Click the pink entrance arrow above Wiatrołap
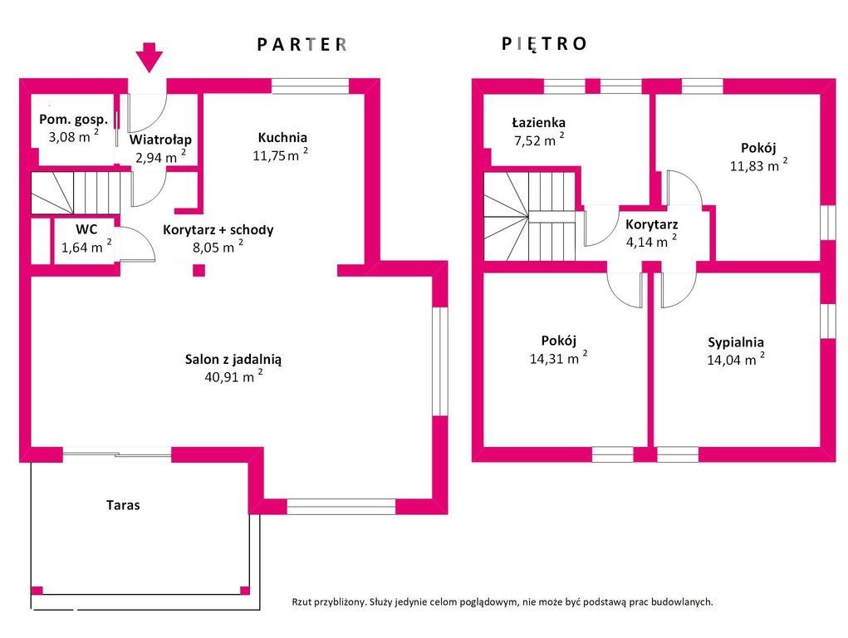149,57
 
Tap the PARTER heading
301,45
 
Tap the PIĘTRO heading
544,44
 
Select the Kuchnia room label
282,138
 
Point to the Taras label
123,504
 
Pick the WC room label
87,228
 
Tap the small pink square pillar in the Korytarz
199,269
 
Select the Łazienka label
538,123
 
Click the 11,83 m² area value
758,165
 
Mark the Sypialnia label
736,342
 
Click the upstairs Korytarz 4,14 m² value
651,243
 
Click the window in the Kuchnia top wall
310,85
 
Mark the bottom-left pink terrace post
37,591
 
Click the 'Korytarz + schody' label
218,230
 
